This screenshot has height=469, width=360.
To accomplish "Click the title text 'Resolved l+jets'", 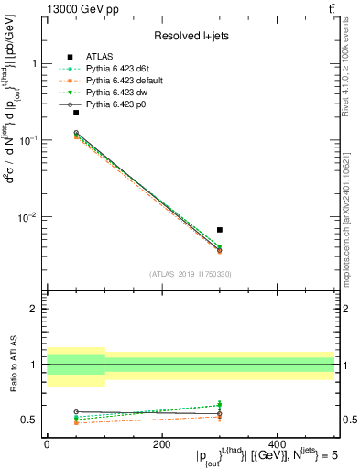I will click(x=191, y=37).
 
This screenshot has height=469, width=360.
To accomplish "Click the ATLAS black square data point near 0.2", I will click(x=76, y=113).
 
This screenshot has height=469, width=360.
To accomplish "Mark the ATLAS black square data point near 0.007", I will click(x=220, y=230).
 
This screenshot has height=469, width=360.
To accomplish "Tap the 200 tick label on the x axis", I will click(x=161, y=444).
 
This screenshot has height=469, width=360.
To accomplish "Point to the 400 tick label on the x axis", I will click(x=277, y=444).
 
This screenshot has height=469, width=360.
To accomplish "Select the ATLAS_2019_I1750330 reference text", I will click(x=191, y=274).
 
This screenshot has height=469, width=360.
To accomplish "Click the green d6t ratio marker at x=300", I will click(x=220, y=405).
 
